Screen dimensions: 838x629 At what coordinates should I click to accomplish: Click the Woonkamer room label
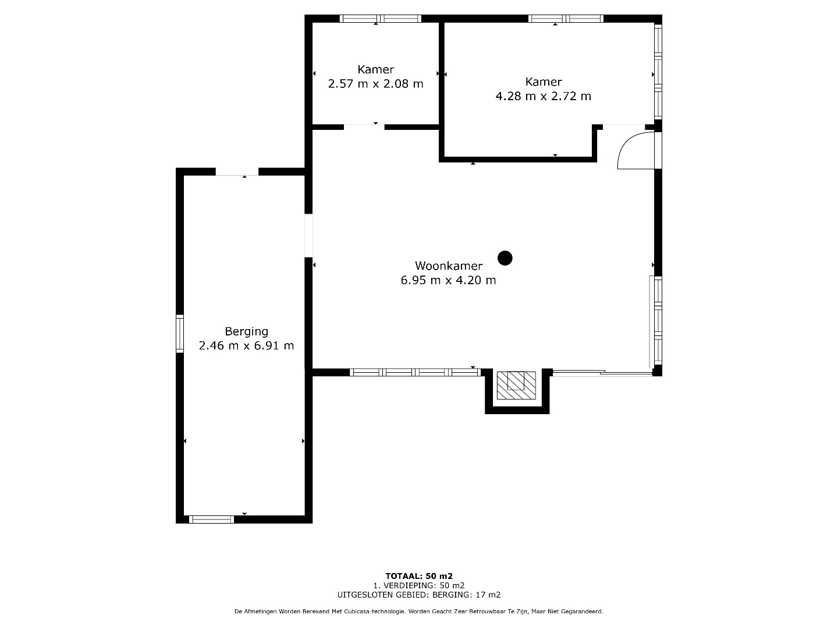click(449, 266)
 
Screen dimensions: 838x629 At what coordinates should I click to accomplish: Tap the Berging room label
click(246, 331)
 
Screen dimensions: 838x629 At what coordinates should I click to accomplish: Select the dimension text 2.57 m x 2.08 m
click(376, 84)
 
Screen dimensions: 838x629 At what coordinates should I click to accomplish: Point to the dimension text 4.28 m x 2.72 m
click(544, 96)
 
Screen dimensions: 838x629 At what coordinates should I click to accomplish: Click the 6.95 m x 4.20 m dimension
click(448, 280)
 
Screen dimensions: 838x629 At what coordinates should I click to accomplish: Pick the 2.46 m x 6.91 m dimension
click(246, 345)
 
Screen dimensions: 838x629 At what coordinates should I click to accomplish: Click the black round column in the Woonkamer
click(505, 258)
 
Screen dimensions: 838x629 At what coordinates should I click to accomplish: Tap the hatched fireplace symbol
click(516, 386)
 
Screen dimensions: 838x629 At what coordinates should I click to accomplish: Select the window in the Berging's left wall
click(179, 334)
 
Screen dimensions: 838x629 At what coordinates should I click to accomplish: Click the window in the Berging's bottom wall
click(211, 520)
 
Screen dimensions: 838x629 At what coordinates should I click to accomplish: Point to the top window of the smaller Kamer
click(380, 19)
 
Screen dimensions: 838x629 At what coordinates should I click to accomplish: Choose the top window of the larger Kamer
click(566, 19)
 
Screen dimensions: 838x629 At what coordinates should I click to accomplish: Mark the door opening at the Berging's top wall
click(237, 172)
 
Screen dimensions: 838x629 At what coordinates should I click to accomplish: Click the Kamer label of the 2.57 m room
click(376, 69)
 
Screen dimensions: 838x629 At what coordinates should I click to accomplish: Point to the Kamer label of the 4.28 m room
click(544, 82)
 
